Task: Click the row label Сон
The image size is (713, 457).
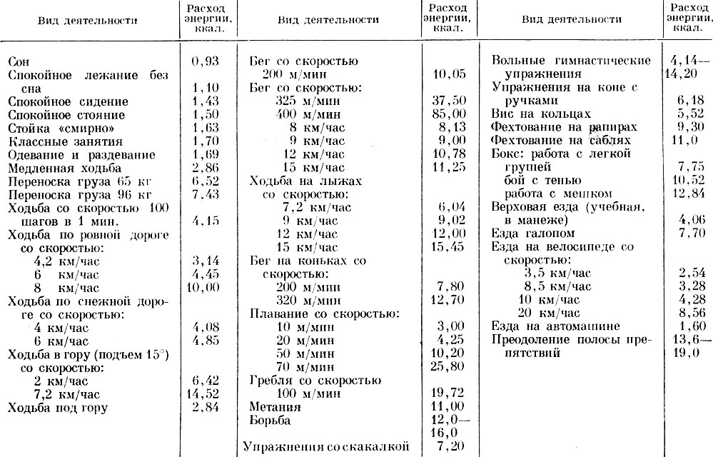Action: click(19, 63)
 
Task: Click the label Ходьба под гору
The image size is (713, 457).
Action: click(57, 408)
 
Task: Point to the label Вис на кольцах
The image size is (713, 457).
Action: click(542, 114)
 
